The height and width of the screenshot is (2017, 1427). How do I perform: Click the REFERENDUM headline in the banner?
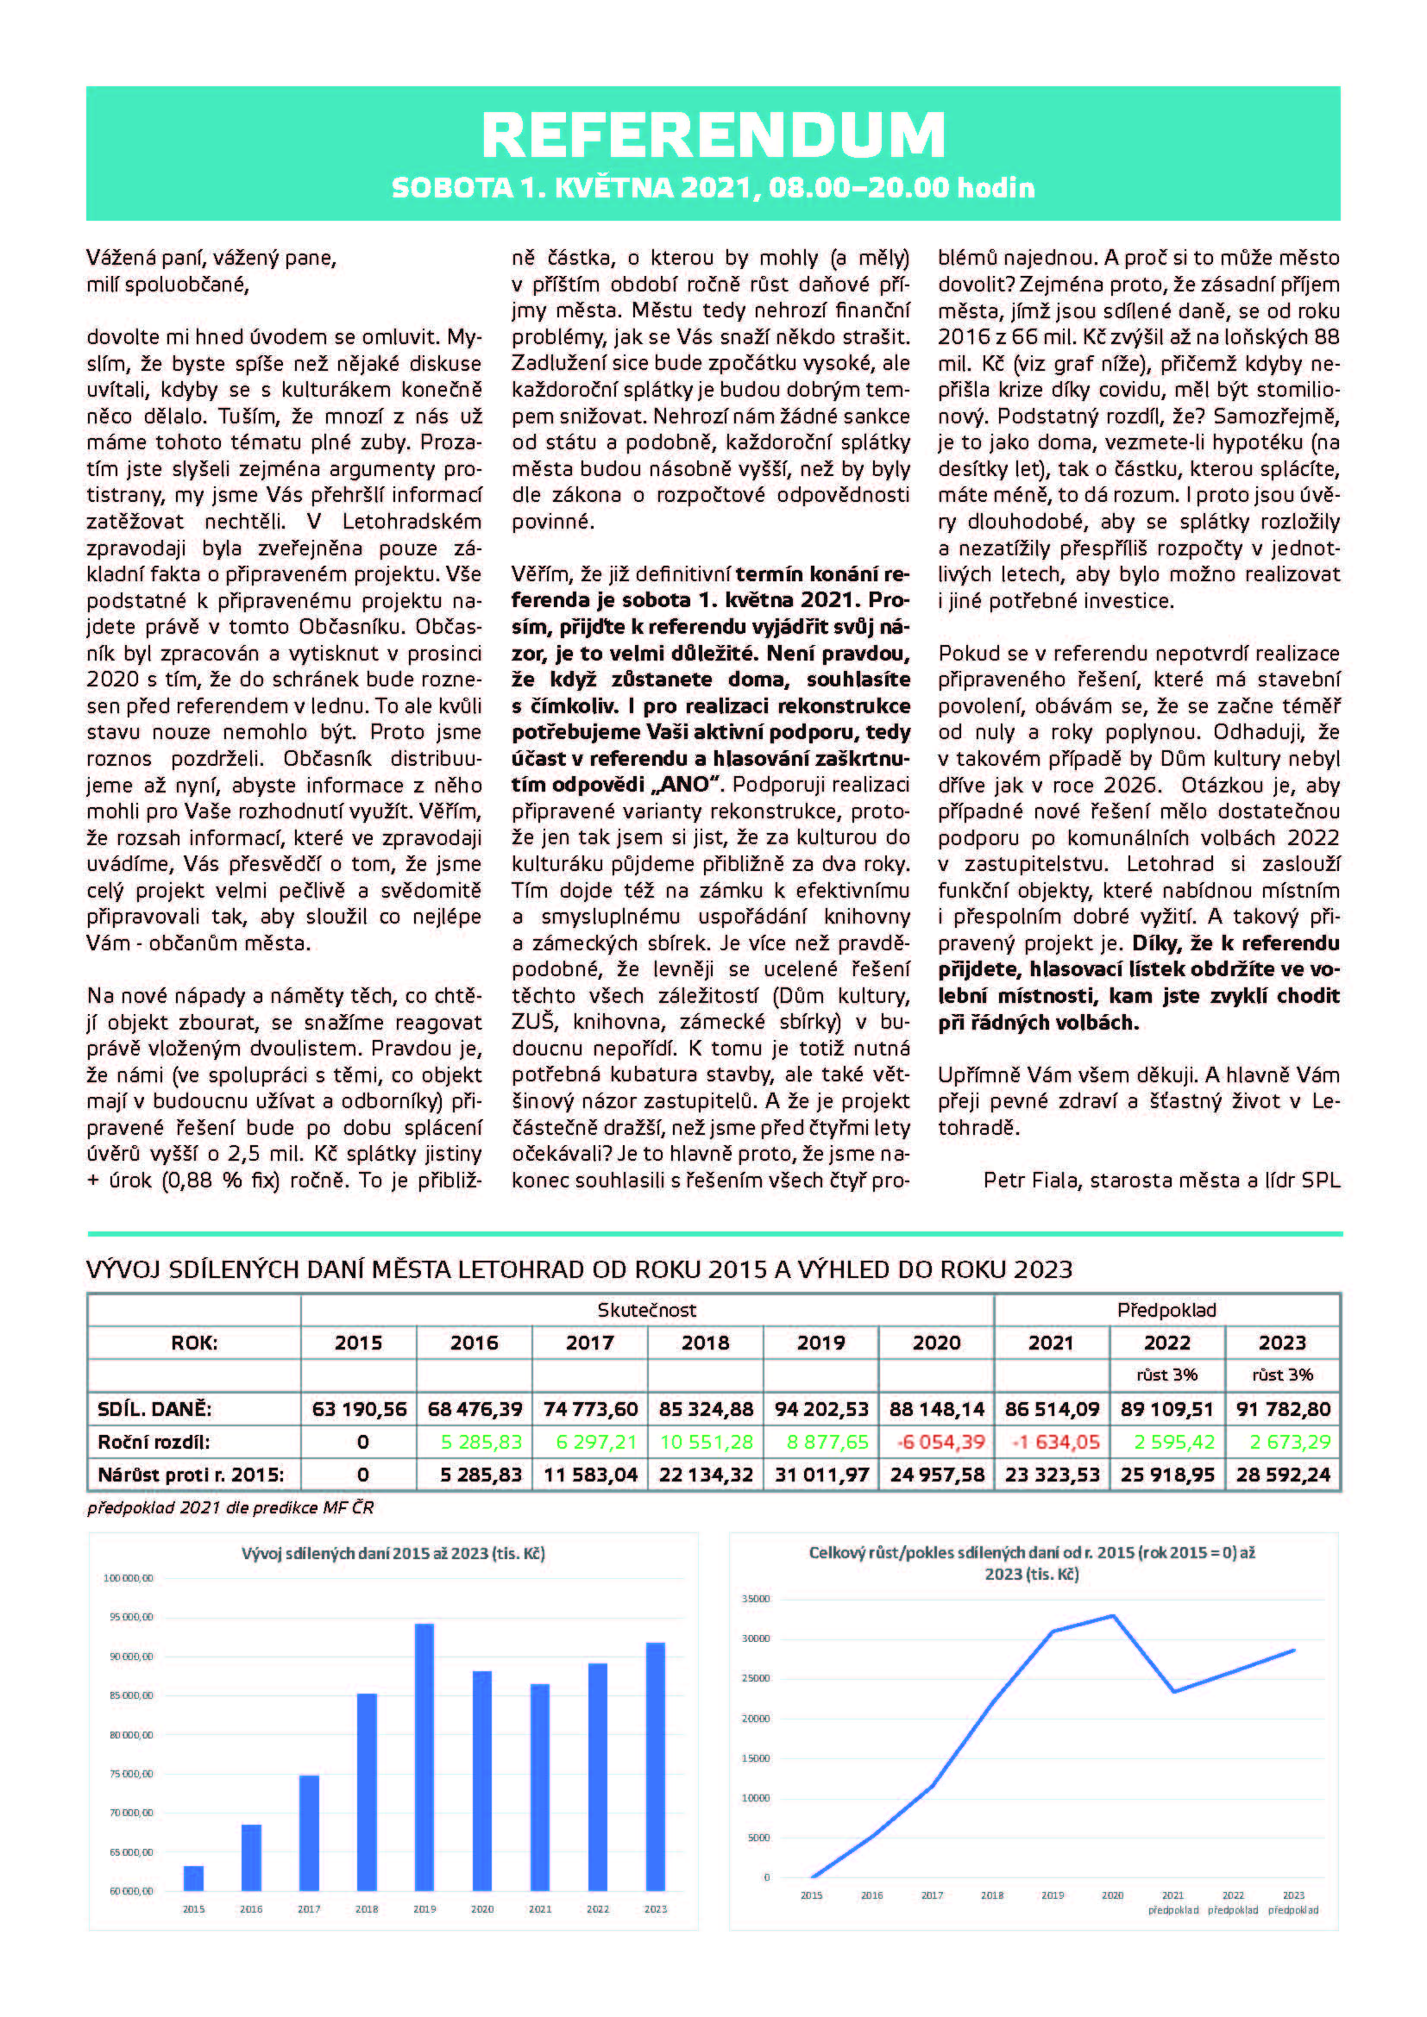click(x=713, y=135)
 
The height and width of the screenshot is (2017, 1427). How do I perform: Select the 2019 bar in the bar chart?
click(x=424, y=1757)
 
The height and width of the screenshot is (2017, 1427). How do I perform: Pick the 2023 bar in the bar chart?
click(x=656, y=1766)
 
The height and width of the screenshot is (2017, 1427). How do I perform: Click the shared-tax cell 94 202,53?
click(x=820, y=1409)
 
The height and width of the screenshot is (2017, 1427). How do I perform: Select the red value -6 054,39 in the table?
click(x=937, y=1442)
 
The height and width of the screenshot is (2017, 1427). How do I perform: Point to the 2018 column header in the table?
click(x=706, y=1343)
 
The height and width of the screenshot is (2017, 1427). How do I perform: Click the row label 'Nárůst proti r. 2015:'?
click(x=191, y=1474)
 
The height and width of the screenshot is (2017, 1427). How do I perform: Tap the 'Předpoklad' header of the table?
click(x=1166, y=1310)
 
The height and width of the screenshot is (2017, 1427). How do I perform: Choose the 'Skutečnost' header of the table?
click(x=647, y=1310)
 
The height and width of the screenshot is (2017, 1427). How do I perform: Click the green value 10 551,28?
click(x=706, y=1442)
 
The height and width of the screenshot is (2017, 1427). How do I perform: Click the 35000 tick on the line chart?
click(x=756, y=1599)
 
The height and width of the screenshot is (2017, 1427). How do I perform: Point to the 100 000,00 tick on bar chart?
click(x=129, y=1579)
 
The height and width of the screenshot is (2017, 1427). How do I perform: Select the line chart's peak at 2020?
click(x=1113, y=1615)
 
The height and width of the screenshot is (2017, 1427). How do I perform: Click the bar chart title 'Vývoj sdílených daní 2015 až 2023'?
click(x=393, y=1553)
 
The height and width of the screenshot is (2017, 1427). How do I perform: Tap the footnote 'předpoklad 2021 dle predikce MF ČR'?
click(x=230, y=1507)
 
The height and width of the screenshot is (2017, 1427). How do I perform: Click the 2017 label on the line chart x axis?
click(x=932, y=1895)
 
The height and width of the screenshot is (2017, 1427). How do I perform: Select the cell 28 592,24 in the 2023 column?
click(x=1283, y=1474)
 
